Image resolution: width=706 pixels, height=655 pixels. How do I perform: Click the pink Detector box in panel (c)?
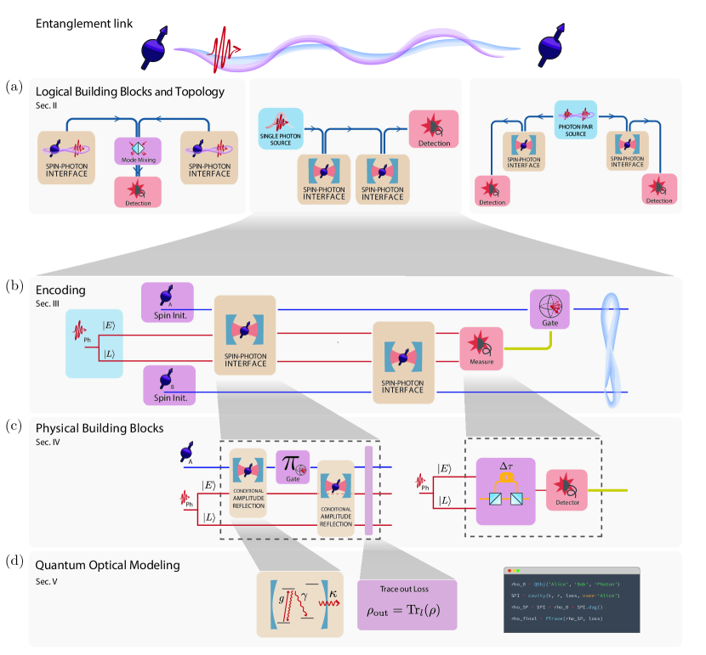(x=567, y=493)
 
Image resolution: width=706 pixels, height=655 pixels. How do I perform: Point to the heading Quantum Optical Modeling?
(x=108, y=564)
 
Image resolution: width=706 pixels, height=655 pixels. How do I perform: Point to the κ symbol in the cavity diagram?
(x=330, y=584)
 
